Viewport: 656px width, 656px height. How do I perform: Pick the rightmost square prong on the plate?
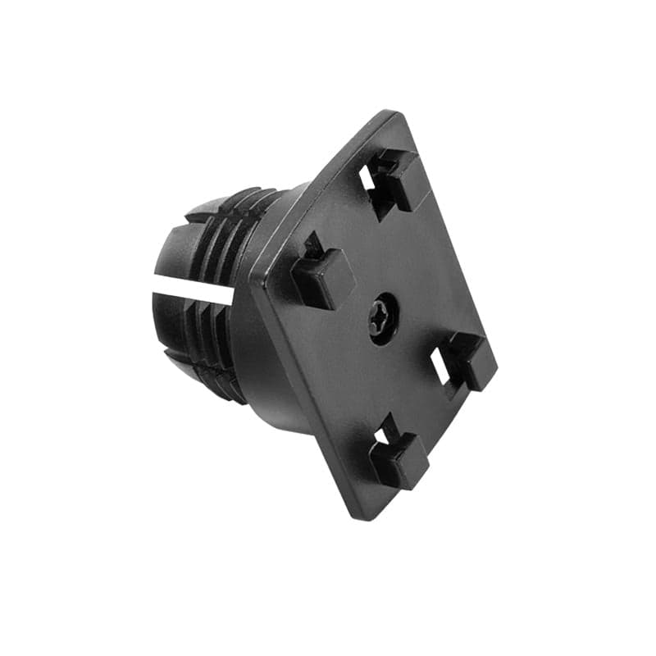pos(471,359)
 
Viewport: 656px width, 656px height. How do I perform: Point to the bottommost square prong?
pos(399,459)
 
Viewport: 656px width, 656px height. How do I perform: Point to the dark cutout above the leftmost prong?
pos(312,244)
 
